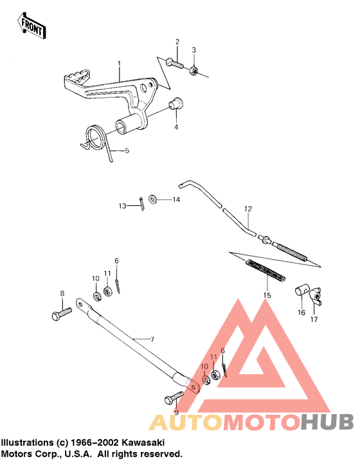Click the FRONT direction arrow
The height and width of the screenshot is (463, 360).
point(32,25)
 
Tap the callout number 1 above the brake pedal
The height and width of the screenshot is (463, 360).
point(119,63)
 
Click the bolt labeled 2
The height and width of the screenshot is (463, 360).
point(175,63)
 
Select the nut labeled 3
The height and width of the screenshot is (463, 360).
point(194,71)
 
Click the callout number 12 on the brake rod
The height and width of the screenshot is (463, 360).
point(248,209)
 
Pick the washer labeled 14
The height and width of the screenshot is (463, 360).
point(152,199)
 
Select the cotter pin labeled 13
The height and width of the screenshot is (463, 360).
point(142,204)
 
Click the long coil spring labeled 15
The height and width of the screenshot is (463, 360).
point(266,271)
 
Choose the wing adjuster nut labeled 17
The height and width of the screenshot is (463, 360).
point(315,296)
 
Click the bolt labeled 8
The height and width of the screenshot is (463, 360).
point(62,314)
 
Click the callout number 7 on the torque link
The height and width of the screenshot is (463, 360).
point(152,340)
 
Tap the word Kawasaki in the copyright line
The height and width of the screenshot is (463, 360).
point(143,442)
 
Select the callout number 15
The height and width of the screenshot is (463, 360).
point(267,295)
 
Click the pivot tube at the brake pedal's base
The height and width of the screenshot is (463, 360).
point(128,125)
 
